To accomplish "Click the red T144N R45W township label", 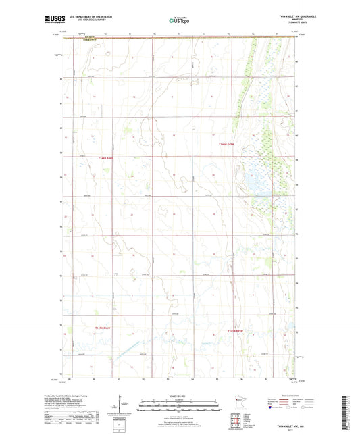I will pos(230,144).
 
